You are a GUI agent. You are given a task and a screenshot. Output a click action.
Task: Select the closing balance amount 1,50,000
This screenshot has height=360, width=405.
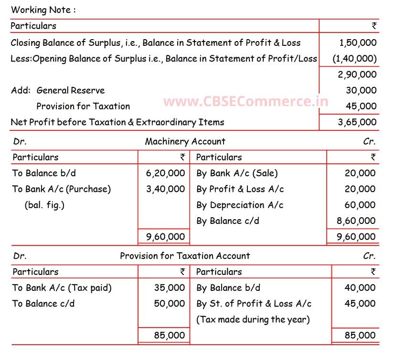point(358,42)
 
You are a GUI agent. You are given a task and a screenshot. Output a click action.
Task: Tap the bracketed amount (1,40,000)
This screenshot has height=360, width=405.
point(355,59)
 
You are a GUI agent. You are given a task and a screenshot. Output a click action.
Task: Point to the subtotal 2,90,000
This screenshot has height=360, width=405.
point(357,74)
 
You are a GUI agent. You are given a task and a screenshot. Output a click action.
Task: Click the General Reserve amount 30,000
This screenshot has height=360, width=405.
point(361,90)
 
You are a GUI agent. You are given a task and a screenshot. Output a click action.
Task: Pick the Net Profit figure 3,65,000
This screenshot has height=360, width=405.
point(357,122)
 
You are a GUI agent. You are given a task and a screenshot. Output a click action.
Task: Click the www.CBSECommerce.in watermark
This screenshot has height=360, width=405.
point(245,102)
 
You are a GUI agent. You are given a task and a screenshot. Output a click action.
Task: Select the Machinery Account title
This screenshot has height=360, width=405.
point(185,141)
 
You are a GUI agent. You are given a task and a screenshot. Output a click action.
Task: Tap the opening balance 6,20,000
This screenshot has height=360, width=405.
point(165,173)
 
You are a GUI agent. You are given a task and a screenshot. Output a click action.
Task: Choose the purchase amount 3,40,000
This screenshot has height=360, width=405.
point(165,189)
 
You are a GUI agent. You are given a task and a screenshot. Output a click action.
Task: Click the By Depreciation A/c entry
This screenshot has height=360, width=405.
point(240,205)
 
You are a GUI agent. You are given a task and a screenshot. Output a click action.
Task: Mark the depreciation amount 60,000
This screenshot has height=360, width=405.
point(360,205)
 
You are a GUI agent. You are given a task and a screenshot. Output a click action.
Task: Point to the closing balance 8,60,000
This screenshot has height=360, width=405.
point(356,221)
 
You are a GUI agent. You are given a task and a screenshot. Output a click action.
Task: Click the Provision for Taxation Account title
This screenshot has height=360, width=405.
point(185,256)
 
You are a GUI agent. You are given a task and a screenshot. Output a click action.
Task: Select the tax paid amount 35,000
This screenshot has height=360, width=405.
point(169,287)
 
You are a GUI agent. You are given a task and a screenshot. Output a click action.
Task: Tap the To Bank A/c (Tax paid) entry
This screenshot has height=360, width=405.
point(62,287)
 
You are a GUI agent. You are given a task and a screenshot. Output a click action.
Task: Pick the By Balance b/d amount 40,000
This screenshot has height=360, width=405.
point(360,287)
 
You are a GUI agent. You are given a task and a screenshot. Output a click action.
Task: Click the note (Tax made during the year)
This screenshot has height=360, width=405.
point(253,319)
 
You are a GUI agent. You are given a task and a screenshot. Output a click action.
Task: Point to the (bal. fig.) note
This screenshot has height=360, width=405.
point(44,205)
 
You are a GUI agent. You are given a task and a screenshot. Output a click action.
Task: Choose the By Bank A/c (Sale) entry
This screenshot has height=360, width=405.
point(237,173)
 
